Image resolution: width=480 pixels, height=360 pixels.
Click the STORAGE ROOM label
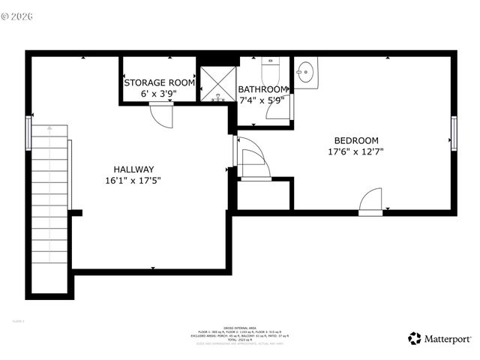159,82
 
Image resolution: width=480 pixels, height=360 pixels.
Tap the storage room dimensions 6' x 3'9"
159,94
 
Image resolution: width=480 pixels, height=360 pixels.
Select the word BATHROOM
262,89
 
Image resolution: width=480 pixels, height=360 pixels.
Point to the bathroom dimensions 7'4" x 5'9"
262,100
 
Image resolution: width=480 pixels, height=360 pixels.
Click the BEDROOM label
356,140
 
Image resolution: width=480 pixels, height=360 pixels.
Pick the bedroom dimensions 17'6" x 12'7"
356,152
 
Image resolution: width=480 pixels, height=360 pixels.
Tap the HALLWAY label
133,169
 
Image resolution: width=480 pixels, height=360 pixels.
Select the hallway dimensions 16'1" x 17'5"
133,181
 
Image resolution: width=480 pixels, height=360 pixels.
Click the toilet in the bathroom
271,73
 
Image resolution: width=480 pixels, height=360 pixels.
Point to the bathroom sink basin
306,73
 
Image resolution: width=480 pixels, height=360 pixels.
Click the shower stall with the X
217,83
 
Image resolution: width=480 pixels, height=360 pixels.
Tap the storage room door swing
161,115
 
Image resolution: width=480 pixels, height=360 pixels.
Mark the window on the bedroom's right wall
454,133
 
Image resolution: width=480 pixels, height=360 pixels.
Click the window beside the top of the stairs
29,133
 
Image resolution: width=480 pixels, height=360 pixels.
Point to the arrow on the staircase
49,135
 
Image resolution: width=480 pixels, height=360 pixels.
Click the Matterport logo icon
414,338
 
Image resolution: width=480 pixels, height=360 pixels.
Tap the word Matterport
448,339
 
